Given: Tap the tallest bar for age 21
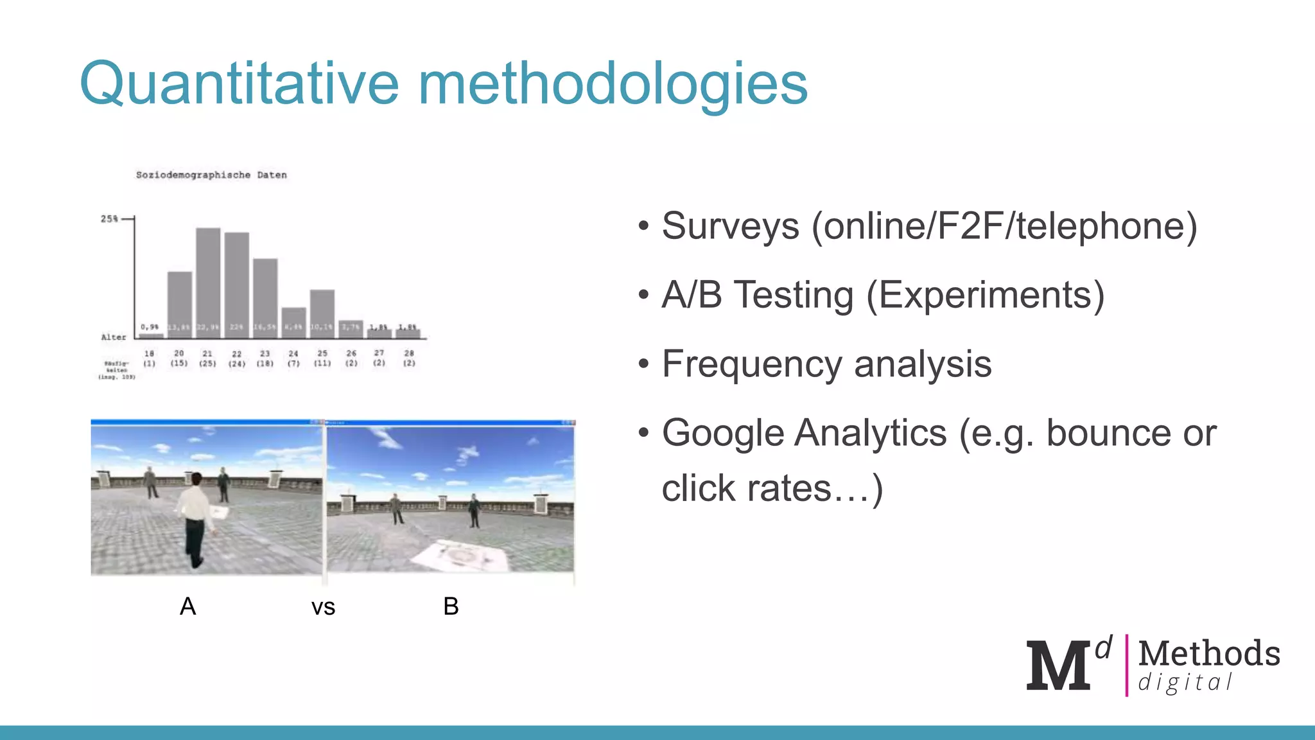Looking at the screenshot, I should point(208,279).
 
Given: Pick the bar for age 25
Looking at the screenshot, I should point(322,312).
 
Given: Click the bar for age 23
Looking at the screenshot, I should point(265,295).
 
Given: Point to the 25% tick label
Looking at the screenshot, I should point(109,219).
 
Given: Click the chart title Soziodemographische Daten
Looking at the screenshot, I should point(211,175).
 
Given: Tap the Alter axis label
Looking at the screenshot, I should point(114,337).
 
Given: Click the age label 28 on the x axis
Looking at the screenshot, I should point(409,353).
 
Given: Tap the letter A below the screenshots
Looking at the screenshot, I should point(187,606).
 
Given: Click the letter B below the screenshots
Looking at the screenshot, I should point(451,606).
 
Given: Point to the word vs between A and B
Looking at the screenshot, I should point(323,608).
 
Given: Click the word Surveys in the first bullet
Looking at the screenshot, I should point(730,226).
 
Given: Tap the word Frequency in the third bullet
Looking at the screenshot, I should point(751,364).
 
